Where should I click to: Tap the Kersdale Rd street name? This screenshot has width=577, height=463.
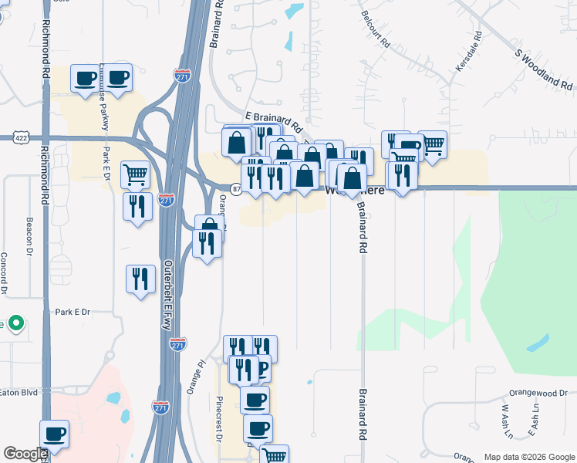467,52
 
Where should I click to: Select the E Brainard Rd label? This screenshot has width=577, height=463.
272,120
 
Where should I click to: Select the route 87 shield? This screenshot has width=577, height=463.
237,188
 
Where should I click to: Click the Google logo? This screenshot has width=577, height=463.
25,454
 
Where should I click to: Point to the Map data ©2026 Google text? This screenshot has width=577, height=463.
528,457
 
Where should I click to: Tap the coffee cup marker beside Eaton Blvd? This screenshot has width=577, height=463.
54,434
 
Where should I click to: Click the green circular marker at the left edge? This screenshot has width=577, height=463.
15,323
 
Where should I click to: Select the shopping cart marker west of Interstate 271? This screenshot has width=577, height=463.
135,174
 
